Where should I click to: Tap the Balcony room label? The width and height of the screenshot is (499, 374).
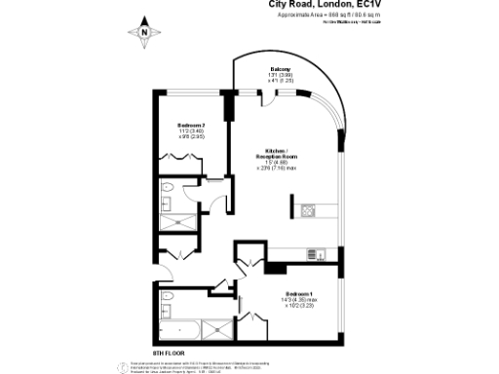[x=281, y=69]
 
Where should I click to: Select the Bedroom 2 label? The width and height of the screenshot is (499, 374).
[x=190, y=126]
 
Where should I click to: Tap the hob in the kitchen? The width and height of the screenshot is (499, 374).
[x=308, y=209]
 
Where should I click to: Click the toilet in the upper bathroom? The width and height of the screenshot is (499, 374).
[x=167, y=187]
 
